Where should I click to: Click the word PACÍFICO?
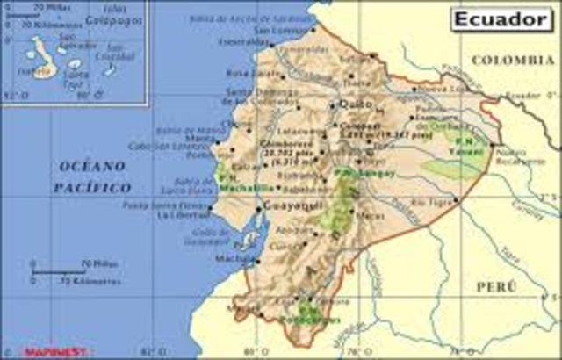tap(92, 187)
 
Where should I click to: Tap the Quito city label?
tap(349, 104)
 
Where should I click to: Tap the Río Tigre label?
tap(436, 201)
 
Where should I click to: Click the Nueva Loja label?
tap(429, 89)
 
